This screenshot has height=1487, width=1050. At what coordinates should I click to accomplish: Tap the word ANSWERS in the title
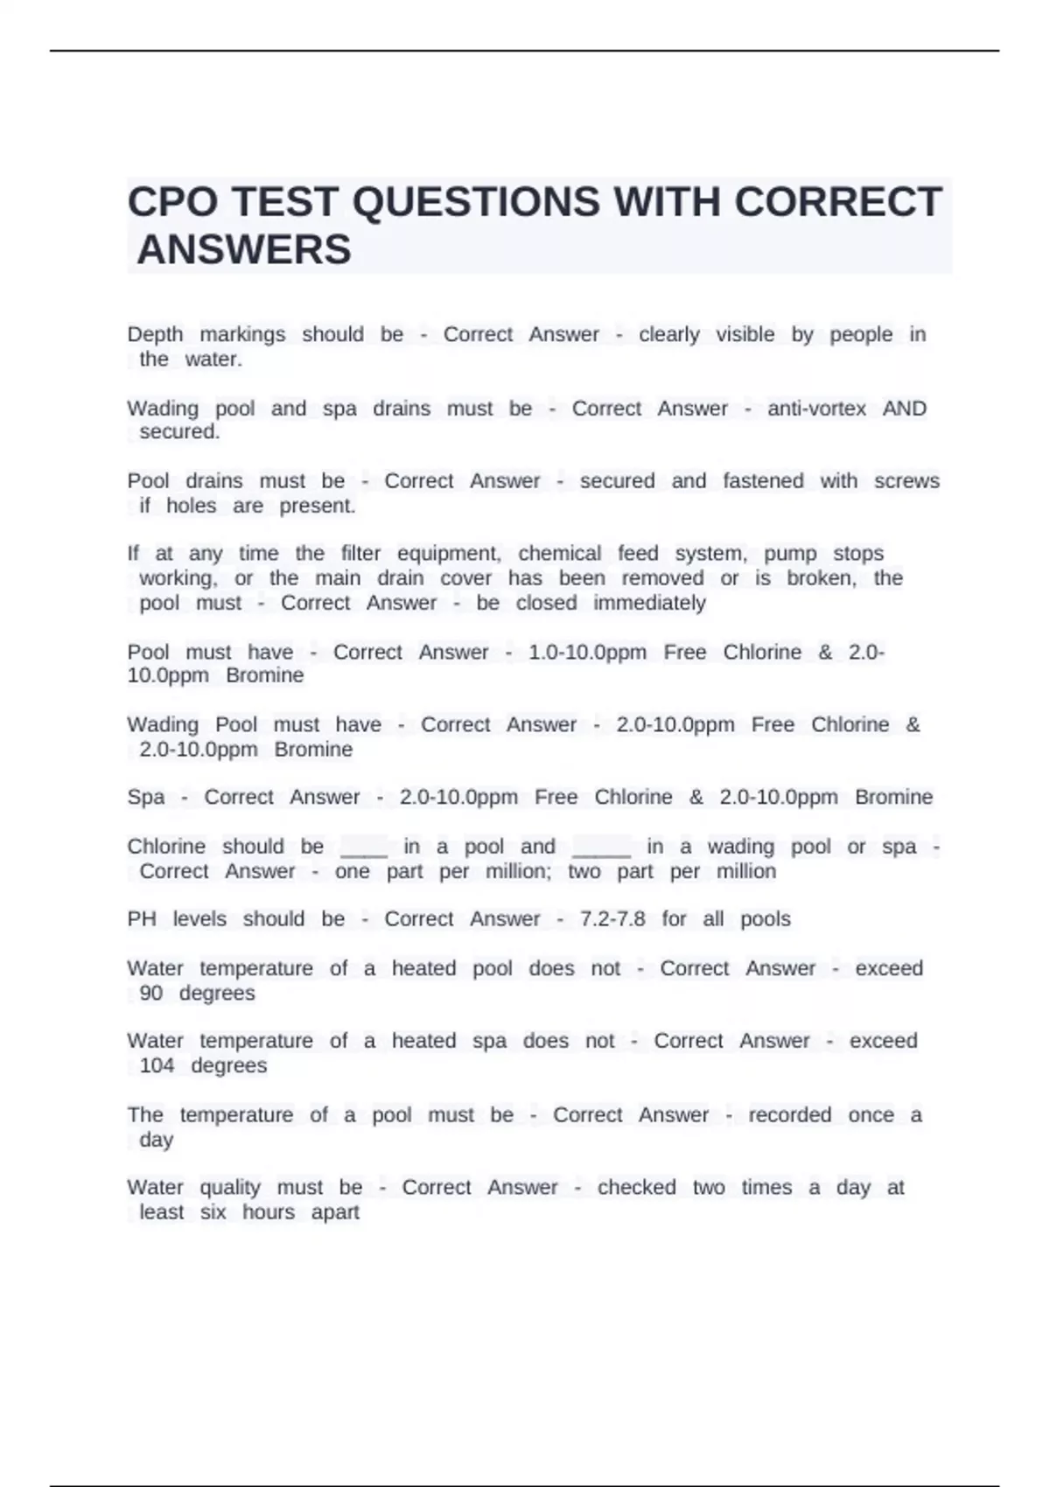(x=244, y=250)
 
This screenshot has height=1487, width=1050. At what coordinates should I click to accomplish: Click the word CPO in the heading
(x=170, y=202)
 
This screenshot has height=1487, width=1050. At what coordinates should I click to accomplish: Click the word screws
(x=906, y=481)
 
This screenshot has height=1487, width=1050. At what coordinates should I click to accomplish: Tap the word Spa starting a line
(x=145, y=797)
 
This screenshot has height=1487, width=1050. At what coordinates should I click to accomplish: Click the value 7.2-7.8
(x=612, y=918)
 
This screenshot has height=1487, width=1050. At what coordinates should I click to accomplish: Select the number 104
(x=157, y=1065)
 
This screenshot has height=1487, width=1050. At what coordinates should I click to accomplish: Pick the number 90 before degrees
(x=151, y=993)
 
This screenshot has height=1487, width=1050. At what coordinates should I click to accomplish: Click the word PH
(x=141, y=918)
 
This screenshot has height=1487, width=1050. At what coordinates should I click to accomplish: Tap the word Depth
(x=155, y=334)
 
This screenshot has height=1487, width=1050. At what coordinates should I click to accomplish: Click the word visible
(x=745, y=334)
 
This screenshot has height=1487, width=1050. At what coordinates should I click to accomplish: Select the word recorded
(x=789, y=1114)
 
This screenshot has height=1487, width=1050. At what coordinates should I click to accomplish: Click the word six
(x=213, y=1211)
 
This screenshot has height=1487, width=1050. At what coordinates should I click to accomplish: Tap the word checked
(x=636, y=1187)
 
